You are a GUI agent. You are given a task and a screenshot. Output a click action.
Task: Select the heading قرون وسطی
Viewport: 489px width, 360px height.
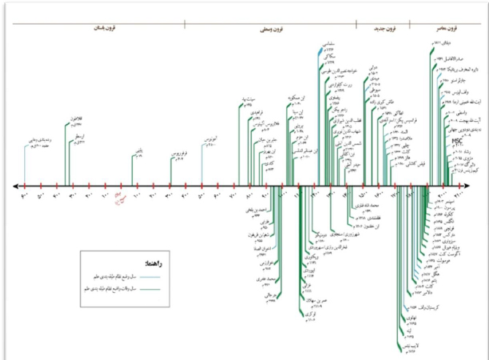click(273, 30)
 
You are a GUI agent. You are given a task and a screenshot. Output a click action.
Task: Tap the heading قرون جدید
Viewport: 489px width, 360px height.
click(383, 29)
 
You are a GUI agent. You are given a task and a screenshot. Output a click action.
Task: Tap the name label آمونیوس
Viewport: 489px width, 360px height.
click(209, 139)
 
